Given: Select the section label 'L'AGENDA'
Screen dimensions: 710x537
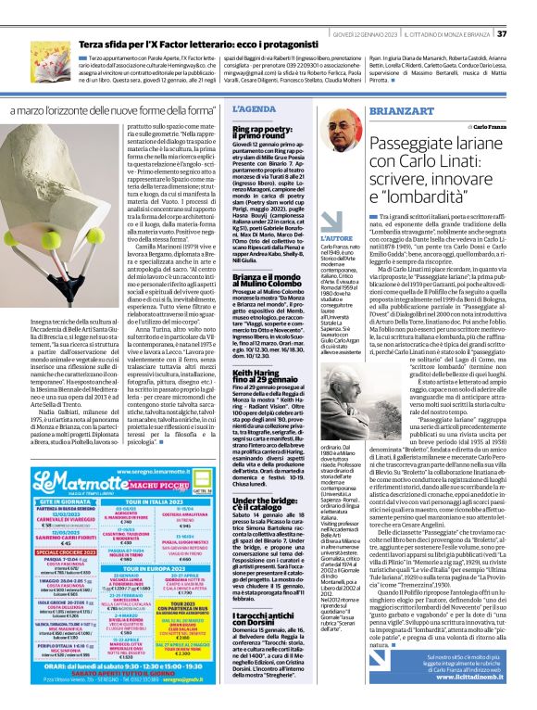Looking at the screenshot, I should (247, 108).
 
